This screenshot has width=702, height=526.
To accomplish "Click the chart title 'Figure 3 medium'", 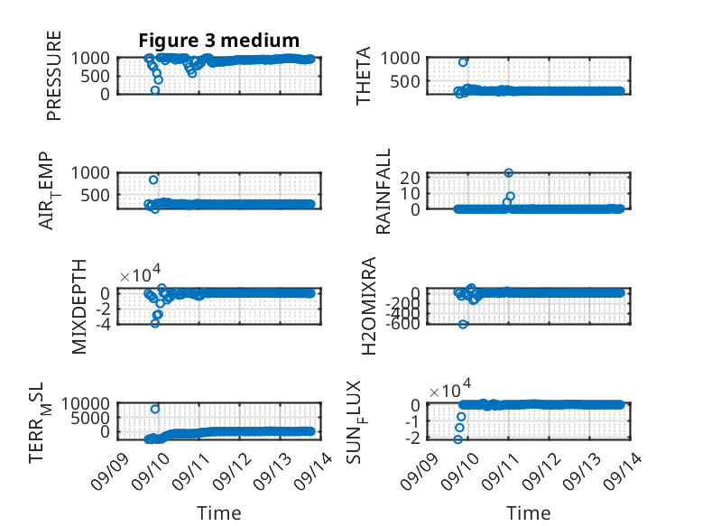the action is tap(219, 41).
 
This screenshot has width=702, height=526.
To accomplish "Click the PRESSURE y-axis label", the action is tap(54, 76).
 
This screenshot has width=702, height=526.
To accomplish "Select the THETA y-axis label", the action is tap(363, 76).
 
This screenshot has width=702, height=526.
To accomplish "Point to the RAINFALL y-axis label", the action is tap(383, 191).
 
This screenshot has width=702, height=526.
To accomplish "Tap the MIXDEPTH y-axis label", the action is tap(79, 307).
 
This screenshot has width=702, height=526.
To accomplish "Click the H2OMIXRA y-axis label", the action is tap(368, 306).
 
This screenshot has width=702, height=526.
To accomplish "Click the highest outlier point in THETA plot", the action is tap(463, 62).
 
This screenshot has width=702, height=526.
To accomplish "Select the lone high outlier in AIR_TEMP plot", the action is tap(153, 180).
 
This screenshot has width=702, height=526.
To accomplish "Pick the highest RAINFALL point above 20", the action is tap(508, 173).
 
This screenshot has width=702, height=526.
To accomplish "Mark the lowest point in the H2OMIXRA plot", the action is tap(463, 324).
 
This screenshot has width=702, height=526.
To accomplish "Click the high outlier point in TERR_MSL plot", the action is tap(155, 409).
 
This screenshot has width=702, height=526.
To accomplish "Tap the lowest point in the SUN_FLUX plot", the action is tap(457, 439).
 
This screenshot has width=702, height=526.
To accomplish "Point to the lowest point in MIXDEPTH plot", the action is tap(155, 323).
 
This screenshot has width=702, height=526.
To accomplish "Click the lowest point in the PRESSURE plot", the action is tap(155, 90).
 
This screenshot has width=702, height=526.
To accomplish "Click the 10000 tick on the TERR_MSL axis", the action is tap(86, 404).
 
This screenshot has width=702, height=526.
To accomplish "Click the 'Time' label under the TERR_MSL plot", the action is tap(219, 513).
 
